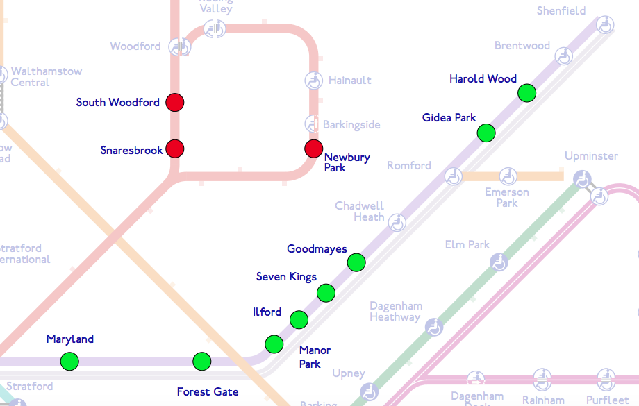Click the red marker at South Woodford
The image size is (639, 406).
click(175, 103)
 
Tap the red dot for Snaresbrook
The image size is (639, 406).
click(175, 149)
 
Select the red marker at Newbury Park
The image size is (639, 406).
click(314, 149)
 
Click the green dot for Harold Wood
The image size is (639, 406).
click(527, 92)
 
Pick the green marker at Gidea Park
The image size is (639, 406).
click(486, 132)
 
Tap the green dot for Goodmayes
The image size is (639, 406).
click(356, 262)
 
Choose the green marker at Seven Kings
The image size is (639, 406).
click(326, 293)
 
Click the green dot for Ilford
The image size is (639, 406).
click(299, 319)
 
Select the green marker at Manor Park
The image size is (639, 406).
click(274, 344)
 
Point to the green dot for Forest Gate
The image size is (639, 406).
click(202, 361)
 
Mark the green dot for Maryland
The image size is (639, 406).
click(69, 361)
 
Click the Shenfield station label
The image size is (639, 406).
click(561, 11)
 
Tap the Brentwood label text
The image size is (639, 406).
click(522, 46)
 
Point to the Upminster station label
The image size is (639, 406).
click(591, 155)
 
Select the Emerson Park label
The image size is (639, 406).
click(507, 198)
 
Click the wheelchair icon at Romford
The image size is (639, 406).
click(454, 176)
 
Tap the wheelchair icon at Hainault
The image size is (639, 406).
click(314, 81)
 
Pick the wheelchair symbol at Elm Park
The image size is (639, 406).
click(499, 262)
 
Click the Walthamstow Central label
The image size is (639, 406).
click(46, 77)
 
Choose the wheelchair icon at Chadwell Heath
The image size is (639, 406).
click(397, 222)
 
